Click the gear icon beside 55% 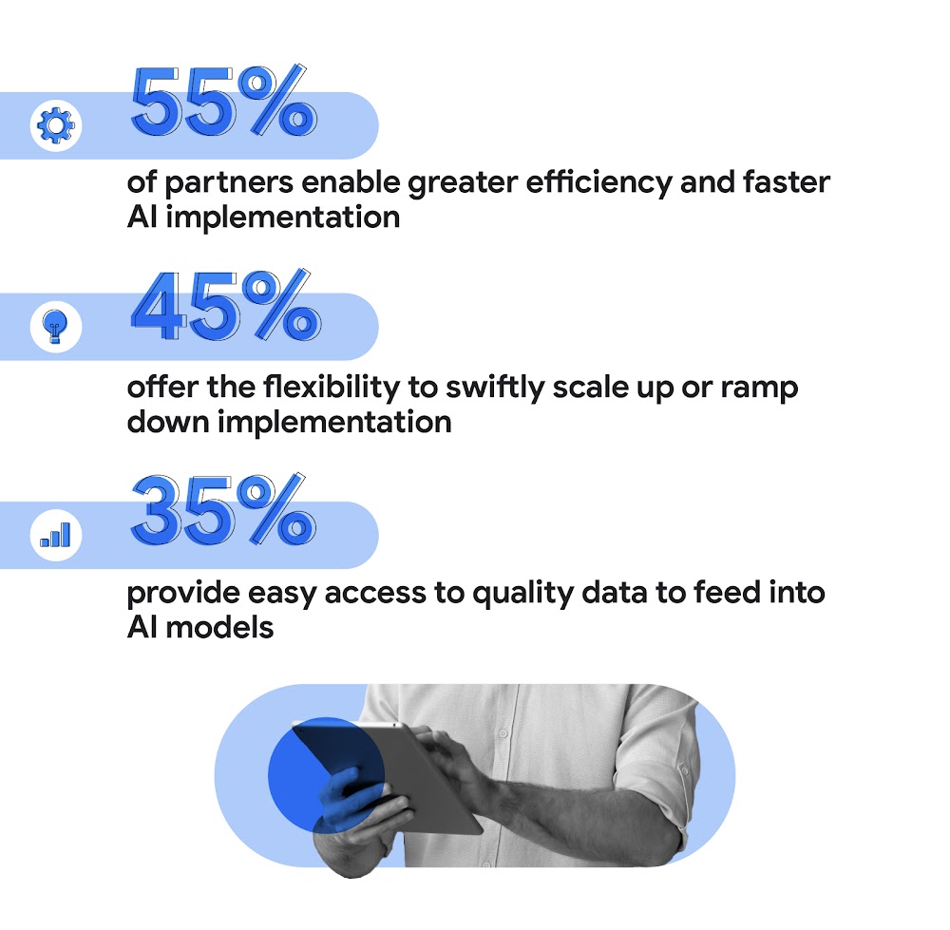[57, 125]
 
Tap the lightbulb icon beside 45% [57, 326]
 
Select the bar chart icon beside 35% [57, 534]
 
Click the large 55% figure [223, 100]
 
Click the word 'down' [167, 421]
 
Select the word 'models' [221, 627]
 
